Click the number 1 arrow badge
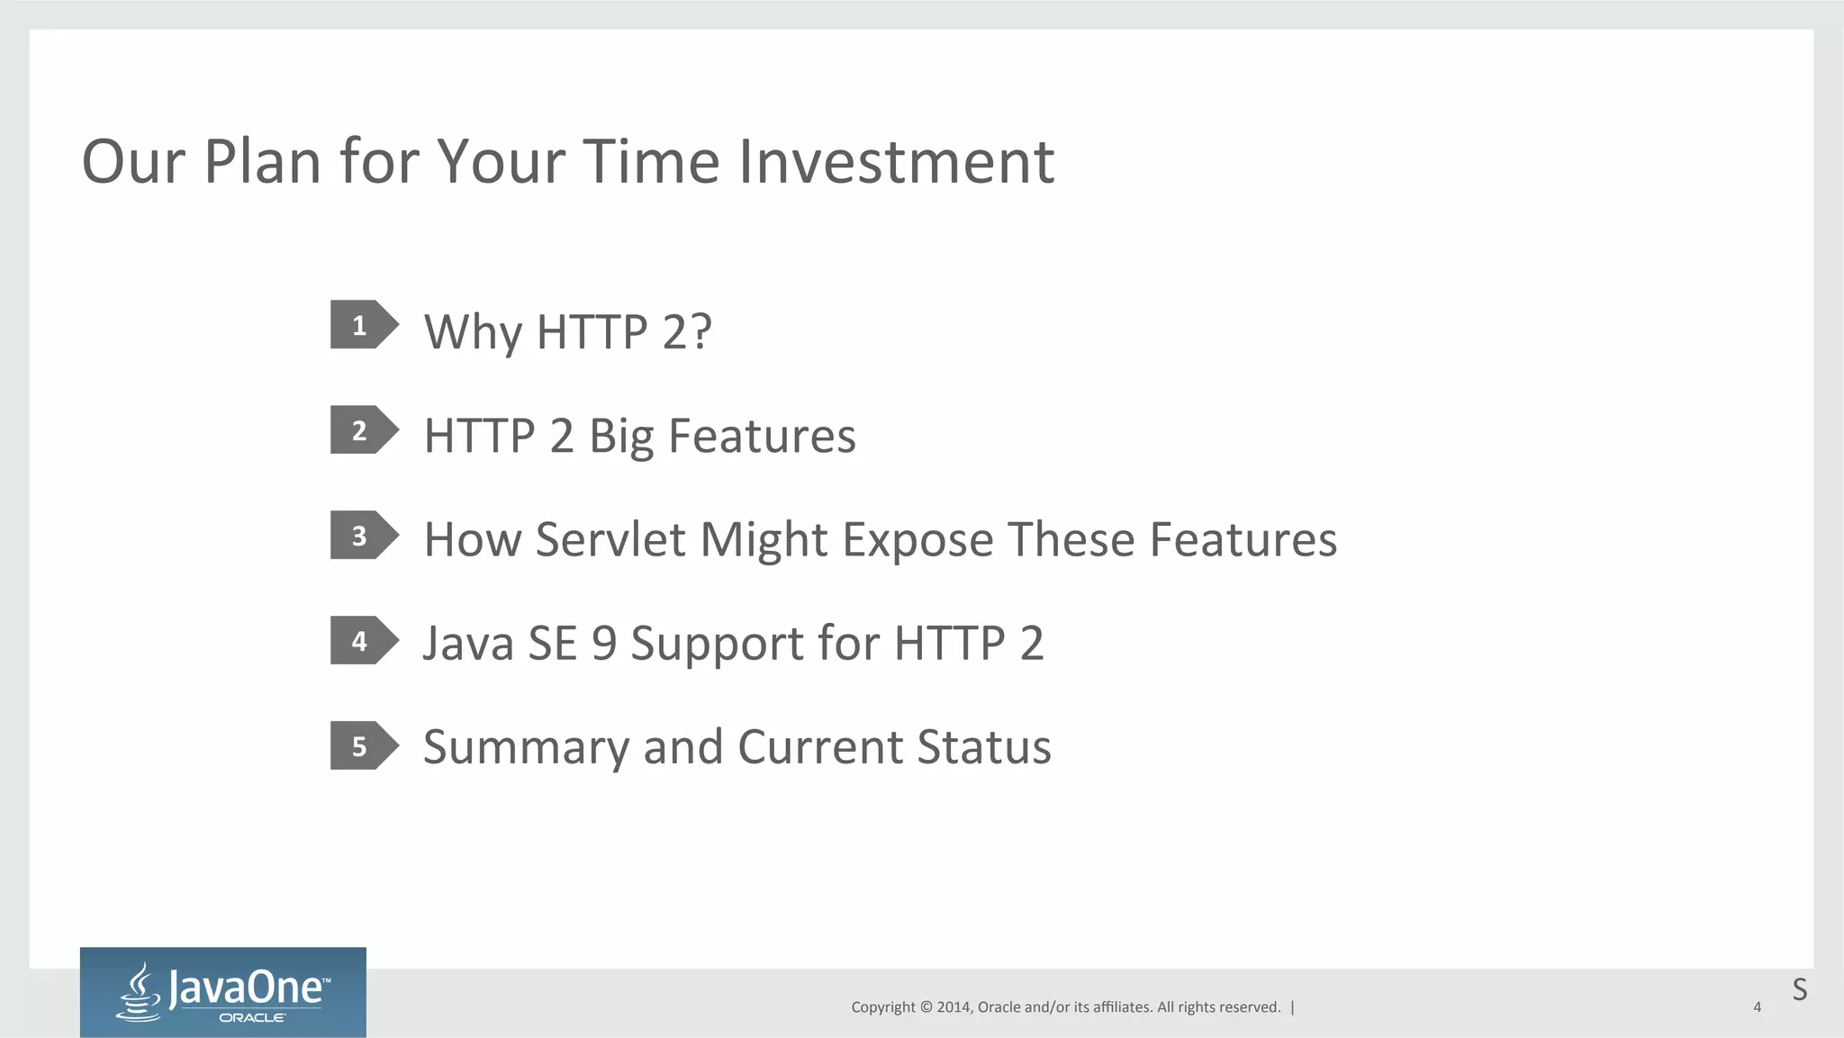tap(363, 325)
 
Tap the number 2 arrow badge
tap(363, 430)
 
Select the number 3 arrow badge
tap(363, 536)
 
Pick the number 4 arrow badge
tap(363, 641)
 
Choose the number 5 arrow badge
tap(363, 746)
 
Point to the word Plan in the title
tap(262, 162)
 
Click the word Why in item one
tap(473, 332)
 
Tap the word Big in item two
tap(621, 438)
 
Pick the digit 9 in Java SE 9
tap(604, 644)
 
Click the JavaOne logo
tap(223, 992)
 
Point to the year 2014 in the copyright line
tap(954, 1007)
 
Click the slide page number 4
tap(1757, 1007)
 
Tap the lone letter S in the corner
tap(1799, 989)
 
